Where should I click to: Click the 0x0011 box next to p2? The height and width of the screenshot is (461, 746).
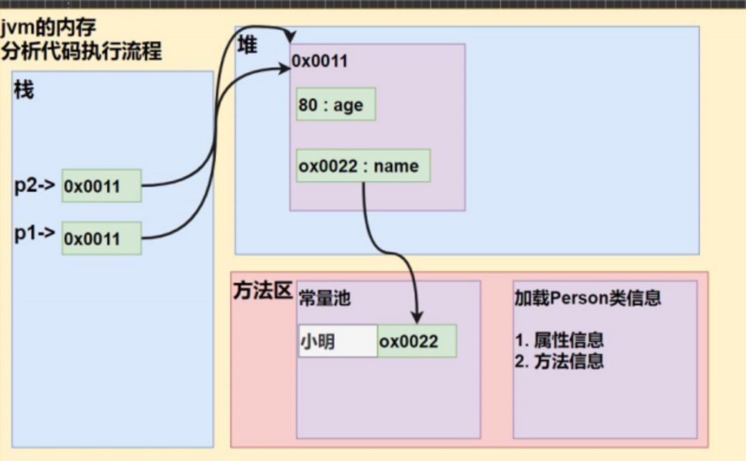tap(101, 186)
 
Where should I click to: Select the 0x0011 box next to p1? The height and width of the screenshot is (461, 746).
tap(101, 238)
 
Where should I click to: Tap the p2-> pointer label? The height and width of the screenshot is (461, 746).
tap(35, 185)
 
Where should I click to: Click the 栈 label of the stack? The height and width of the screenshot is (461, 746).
tap(24, 90)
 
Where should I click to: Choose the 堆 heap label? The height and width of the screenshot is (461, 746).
tap(247, 46)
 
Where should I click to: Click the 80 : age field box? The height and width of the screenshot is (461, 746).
tap(335, 105)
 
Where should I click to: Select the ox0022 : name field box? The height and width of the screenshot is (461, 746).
tap(363, 166)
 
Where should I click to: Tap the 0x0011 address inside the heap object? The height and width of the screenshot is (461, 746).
tap(320, 61)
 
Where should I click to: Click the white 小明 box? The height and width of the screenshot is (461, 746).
tap(338, 341)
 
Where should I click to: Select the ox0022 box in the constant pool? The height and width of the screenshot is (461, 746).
tap(416, 341)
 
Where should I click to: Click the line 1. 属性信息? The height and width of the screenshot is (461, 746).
tap(559, 340)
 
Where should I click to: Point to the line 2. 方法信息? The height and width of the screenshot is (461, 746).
tap(559, 361)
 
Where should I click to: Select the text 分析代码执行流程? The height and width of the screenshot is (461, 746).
tap(81, 51)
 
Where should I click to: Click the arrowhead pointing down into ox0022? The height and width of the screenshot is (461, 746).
tap(418, 317)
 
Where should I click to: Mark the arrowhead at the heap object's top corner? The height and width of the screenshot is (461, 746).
tap(289, 37)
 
